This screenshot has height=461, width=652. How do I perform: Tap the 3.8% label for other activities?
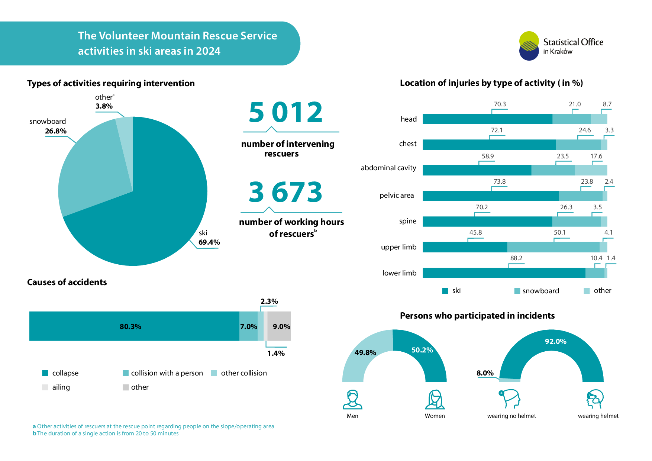(104, 106)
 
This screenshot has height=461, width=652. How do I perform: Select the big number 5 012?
(285, 112)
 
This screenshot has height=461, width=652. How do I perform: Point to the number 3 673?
(285, 192)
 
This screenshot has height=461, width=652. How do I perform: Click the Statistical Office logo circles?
(529, 46)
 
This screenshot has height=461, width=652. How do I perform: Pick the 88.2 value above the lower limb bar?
(516, 258)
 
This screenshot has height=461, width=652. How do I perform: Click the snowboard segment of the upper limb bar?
(553, 247)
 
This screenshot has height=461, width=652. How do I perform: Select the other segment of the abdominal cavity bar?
(591, 170)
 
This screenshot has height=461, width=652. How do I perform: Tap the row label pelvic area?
(396, 196)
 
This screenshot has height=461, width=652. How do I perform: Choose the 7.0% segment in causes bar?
(248, 326)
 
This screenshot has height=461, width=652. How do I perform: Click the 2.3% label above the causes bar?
(269, 301)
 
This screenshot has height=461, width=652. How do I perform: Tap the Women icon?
(435, 400)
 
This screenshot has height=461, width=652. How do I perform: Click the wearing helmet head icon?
(595, 399)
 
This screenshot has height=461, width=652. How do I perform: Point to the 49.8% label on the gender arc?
(365, 352)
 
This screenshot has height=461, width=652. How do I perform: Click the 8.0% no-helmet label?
(485, 373)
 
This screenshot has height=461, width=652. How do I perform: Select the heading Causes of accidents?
(67, 282)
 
